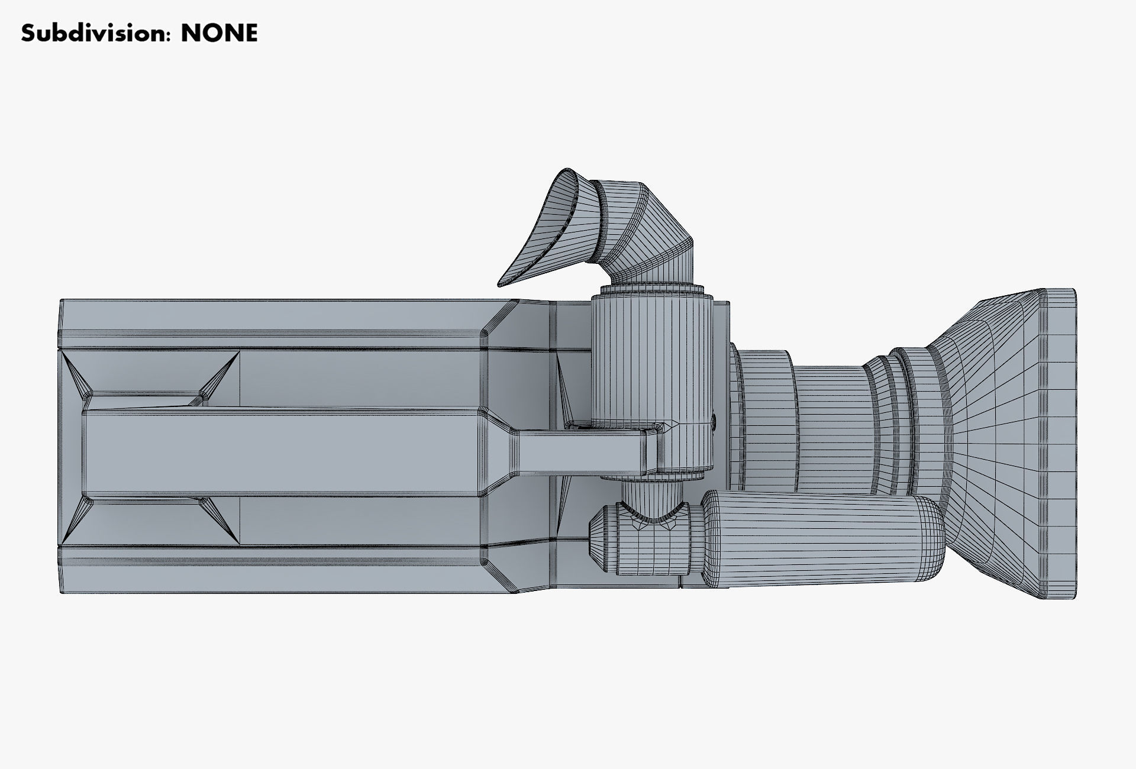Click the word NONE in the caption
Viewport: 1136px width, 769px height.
(x=219, y=33)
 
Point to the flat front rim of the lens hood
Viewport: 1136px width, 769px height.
(x=1060, y=444)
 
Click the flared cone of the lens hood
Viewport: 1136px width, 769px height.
(x=994, y=444)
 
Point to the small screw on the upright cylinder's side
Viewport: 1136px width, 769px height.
(x=714, y=421)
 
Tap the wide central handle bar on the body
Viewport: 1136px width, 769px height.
(x=284, y=453)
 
